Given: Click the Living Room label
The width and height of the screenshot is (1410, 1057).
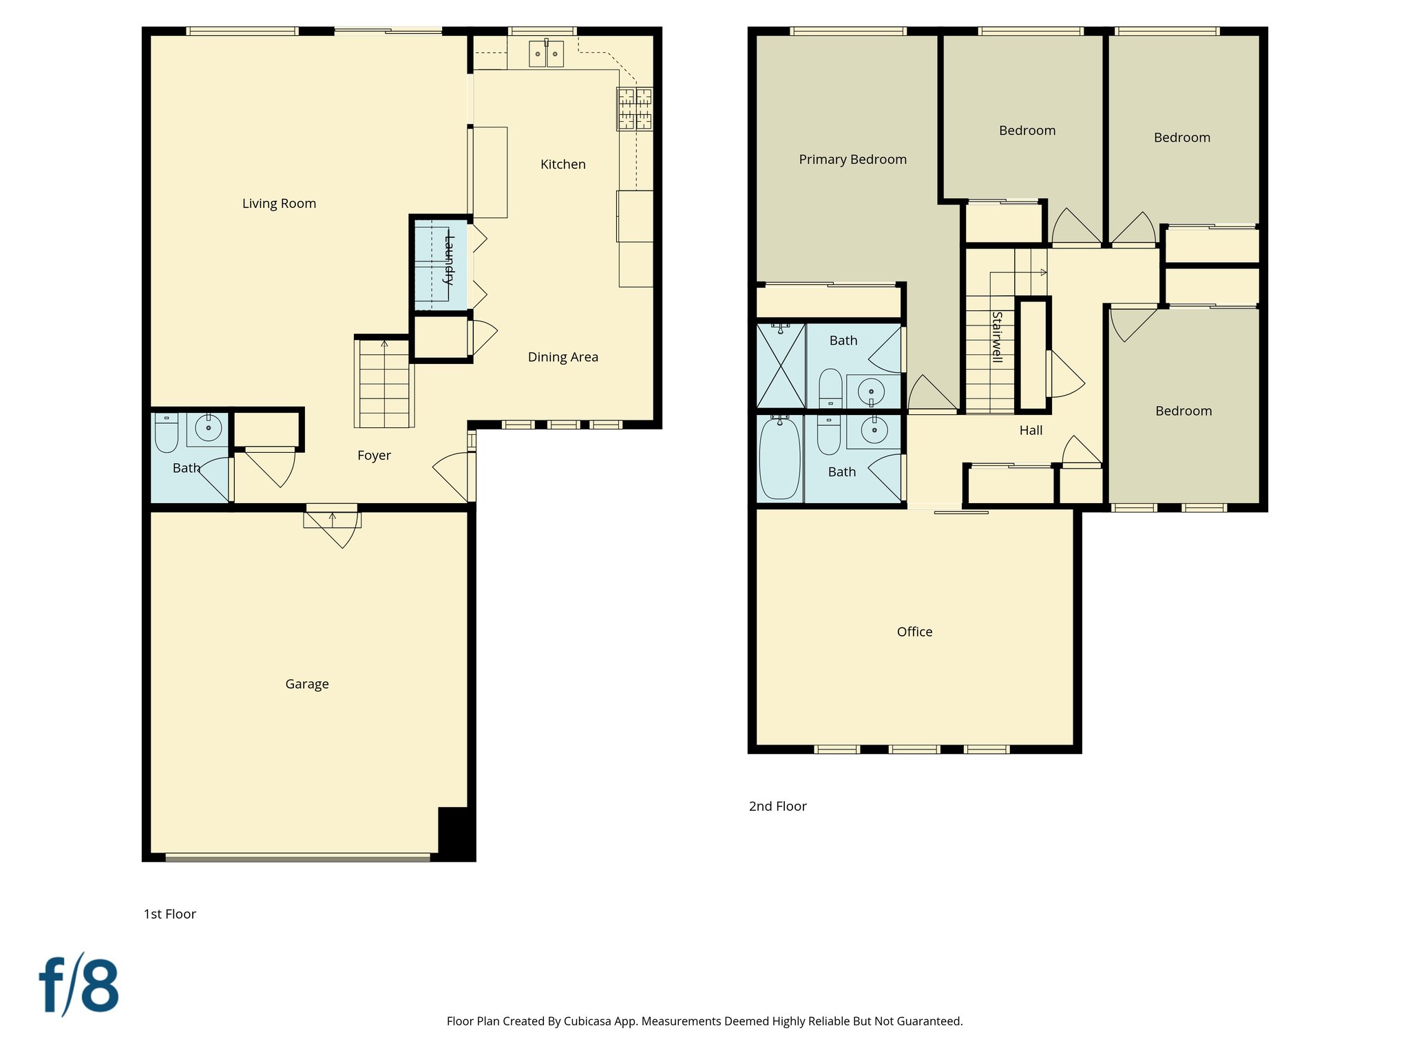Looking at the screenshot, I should click(x=279, y=204).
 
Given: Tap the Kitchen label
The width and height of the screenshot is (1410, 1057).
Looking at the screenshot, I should click(x=562, y=164).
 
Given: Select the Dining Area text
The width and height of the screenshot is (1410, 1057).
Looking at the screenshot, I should click(x=562, y=357).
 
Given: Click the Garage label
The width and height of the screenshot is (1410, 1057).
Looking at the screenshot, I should click(x=306, y=684).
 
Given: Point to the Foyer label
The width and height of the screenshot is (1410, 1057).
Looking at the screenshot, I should click(x=374, y=456).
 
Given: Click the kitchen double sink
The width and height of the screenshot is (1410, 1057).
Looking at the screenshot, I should click(x=546, y=54).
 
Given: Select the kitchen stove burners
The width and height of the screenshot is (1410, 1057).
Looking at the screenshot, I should click(x=634, y=109).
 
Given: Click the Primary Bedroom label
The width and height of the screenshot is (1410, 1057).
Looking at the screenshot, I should click(x=852, y=160).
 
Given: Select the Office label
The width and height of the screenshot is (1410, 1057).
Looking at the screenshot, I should click(x=914, y=632).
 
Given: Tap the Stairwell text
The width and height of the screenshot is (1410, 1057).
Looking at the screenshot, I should click(x=996, y=337).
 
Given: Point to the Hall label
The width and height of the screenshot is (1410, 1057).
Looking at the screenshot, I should click(x=1031, y=431).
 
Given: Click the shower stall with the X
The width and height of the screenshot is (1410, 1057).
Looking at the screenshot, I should click(x=780, y=366).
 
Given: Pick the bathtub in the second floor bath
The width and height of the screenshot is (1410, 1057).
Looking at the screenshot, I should click(x=779, y=458).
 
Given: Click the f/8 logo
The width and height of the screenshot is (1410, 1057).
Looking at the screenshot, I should click(x=78, y=985).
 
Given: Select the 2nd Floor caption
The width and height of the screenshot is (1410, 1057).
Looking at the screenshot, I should click(x=777, y=807).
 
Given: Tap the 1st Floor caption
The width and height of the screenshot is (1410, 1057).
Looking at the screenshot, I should click(x=169, y=915).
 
